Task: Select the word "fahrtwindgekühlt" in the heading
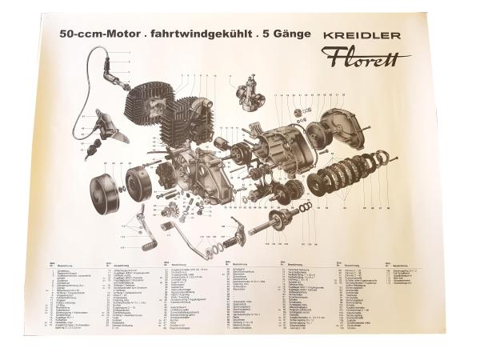tap(189, 36)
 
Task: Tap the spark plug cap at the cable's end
tap(121, 81)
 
